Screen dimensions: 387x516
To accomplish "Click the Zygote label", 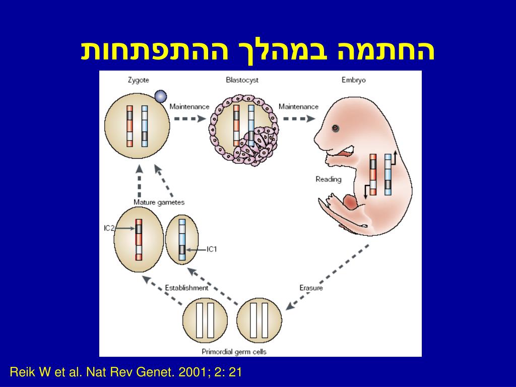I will tap(139, 80).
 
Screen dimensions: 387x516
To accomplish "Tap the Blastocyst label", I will tap(242, 80).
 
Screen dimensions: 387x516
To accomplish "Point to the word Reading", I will tap(328, 179).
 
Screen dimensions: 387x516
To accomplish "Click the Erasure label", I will tap(311, 288).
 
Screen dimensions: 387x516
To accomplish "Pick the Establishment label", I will tap(186, 288).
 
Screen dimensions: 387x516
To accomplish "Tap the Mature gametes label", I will tap(159, 203).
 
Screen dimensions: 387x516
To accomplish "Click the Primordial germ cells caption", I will tap(234, 352).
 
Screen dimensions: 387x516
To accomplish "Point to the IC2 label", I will tap(109, 228).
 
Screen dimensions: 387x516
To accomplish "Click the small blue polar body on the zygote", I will tap(160, 96).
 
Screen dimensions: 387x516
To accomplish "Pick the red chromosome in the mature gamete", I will tap(139, 240).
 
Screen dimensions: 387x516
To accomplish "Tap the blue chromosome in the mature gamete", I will tap(182, 240).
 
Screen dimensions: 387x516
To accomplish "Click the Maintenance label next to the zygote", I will tap(189, 107).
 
